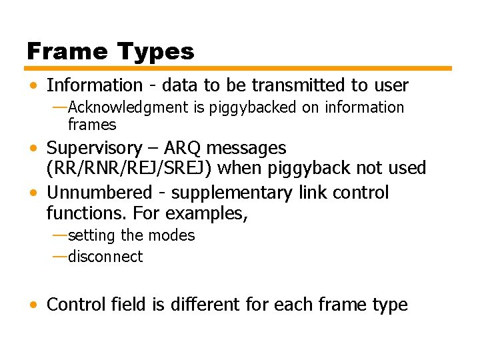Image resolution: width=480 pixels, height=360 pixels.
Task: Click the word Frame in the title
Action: click(66, 51)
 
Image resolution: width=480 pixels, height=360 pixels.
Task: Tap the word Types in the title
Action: click(155, 52)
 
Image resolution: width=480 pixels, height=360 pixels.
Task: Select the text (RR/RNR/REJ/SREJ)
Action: click(129, 168)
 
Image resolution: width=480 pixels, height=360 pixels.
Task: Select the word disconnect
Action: click(105, 257)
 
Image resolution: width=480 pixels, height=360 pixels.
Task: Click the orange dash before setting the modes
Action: click(59, 235)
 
